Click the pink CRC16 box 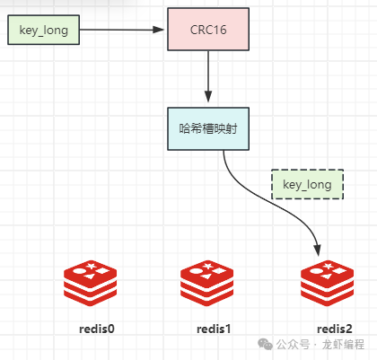click(208, 30)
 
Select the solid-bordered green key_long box click(43, 30)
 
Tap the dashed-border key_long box click(307, 184)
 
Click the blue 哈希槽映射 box click(208, 128)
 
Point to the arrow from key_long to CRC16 click(122, 30)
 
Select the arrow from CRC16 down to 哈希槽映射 click(208, 76)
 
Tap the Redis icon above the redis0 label click(90, 283)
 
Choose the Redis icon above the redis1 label click(206, 283)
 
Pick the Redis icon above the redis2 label click(327, 283)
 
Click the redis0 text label click(97, 329)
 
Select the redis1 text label click(214, 329)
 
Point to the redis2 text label click(335, 329)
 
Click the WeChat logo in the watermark click(265, 344)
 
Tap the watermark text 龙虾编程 click(343, 345)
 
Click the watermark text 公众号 click(293, 345)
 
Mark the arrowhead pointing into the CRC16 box click(158, 30)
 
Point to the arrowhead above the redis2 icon click(318, 250)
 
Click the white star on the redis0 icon click(91, 266)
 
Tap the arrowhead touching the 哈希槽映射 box click(208, 96)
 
